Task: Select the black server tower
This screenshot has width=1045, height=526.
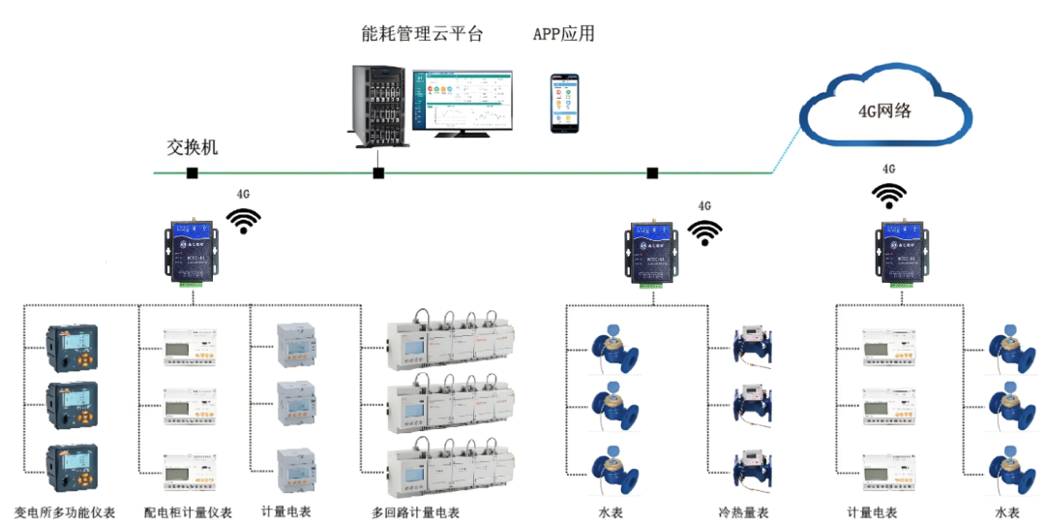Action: pos(376,106)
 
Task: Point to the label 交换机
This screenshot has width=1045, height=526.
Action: pos(193,147)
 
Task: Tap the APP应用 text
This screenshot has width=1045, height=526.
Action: pos(563,34)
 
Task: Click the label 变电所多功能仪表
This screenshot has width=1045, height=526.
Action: pos(66,511)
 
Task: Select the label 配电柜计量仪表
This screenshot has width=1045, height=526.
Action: pos(188,511)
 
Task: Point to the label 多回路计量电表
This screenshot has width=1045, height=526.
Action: pos(415,511)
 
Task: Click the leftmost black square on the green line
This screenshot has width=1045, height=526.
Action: pos(193,173)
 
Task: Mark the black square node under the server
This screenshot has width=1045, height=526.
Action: pos(378,173)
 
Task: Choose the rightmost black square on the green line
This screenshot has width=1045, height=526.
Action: pos(652,173)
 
